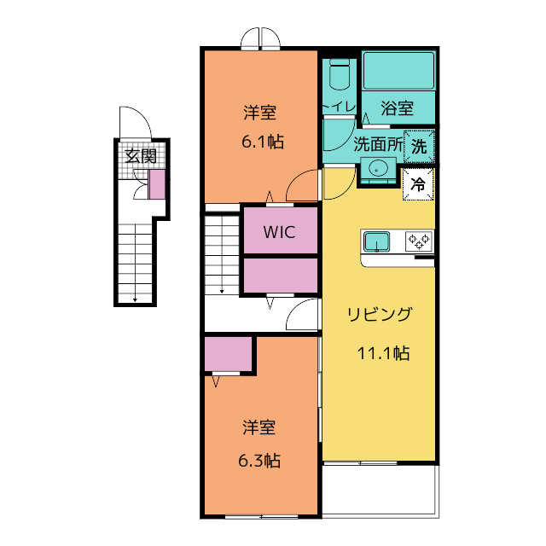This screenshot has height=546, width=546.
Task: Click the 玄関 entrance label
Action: (141, 156)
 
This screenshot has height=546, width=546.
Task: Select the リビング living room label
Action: (380, 315)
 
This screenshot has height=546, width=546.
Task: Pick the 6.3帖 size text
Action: (258, 461)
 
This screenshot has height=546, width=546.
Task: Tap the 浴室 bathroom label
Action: (398, 108)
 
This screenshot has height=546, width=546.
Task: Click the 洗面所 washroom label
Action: (377, 145)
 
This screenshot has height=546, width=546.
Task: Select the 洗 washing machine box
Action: (419, 145)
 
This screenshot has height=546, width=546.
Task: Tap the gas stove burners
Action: (418, 241)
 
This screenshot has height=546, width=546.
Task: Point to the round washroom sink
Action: (375, 167)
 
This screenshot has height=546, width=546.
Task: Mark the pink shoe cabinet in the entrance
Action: (157, 184)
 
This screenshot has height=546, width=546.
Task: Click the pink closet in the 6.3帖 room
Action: (228, 354)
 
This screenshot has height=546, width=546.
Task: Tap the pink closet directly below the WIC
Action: (280, 275)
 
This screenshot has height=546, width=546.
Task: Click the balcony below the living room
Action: (380, 490)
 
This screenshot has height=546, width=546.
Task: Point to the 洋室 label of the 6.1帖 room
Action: (260, 113)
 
